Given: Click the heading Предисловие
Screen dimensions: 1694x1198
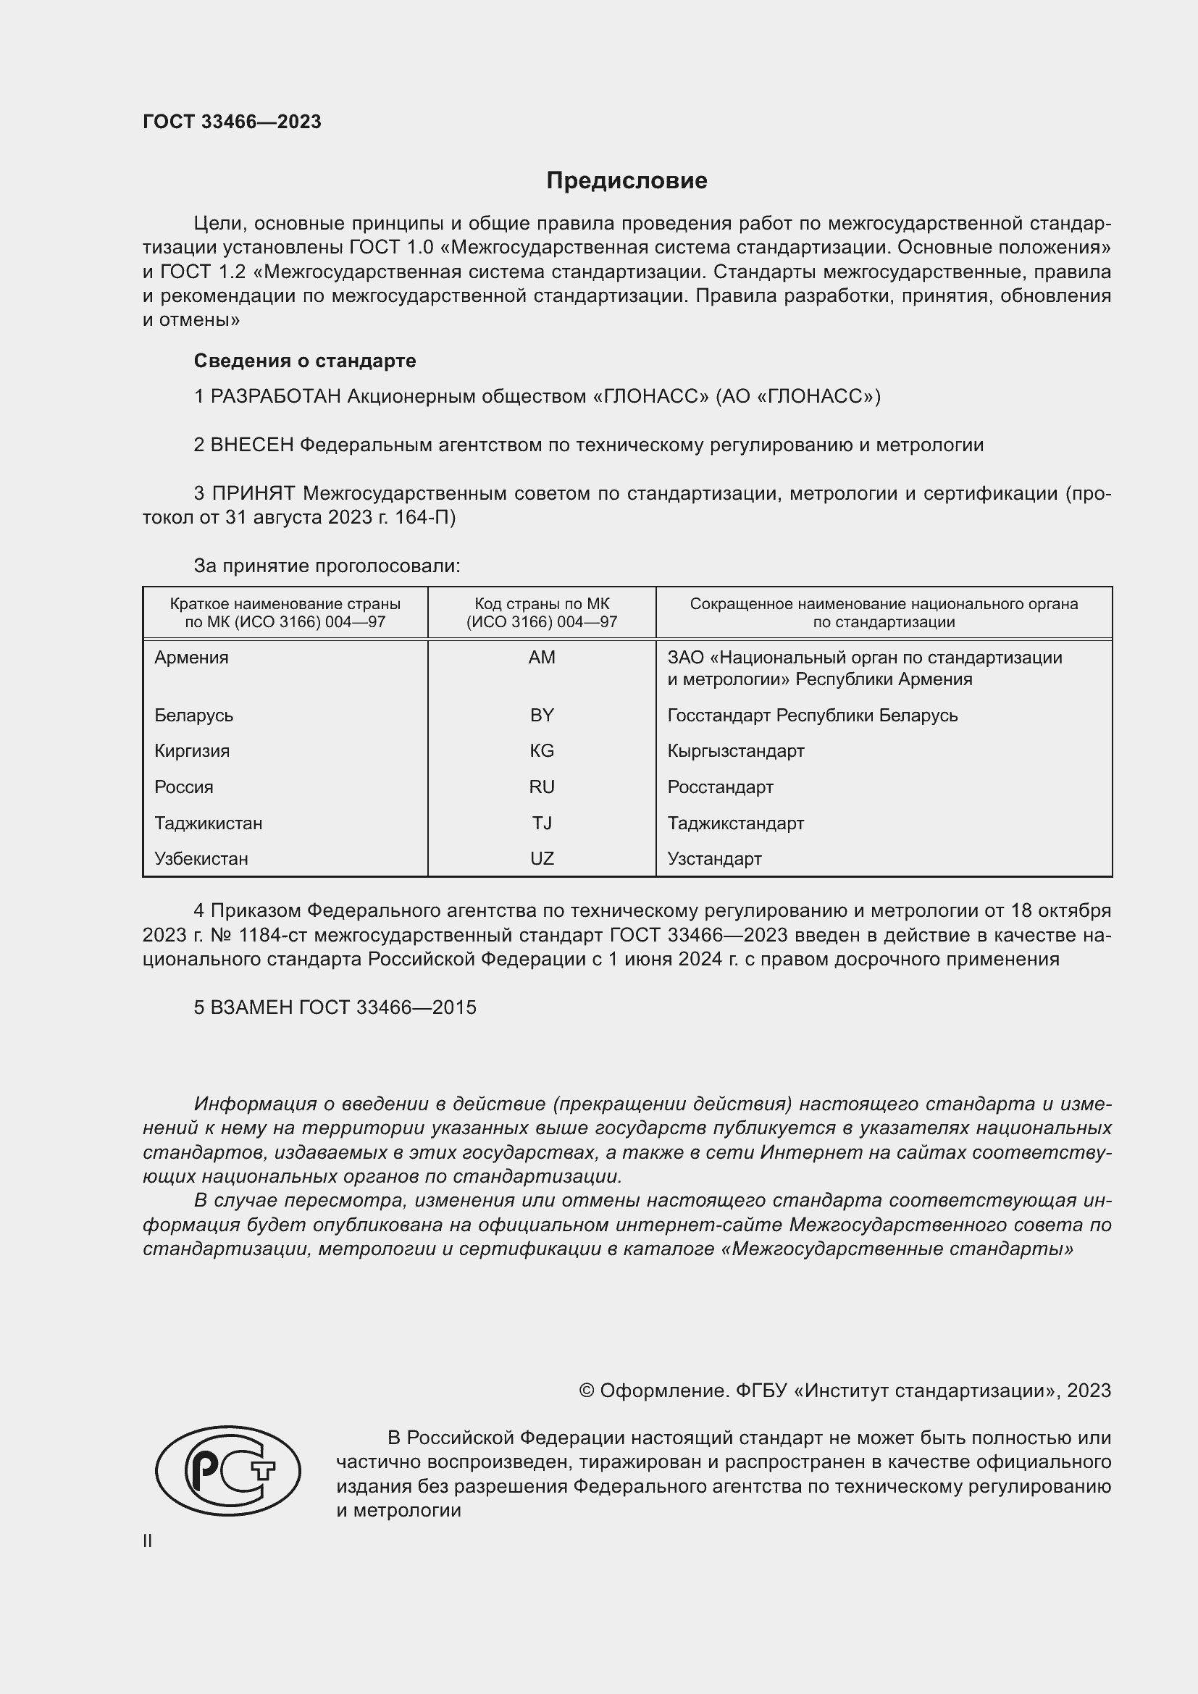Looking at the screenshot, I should point(627,181).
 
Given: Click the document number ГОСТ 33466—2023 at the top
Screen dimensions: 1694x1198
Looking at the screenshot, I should point(232,122).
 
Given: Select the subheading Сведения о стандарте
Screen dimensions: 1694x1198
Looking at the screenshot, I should point(305,361).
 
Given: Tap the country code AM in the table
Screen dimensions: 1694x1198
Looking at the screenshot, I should point(542,658).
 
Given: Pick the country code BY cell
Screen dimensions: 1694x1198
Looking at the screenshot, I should point(542,715).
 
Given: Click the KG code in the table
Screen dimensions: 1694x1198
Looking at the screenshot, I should point(542,751).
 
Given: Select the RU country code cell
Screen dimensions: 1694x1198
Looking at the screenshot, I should point(542,787).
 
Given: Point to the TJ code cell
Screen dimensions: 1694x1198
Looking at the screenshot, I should point(542,823).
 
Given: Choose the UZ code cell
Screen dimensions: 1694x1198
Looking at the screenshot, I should point(542,859).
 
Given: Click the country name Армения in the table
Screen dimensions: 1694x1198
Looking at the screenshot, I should point(191,658).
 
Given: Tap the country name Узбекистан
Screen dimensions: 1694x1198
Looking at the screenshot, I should point(201,859).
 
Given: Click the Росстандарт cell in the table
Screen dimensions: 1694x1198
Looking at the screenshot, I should point(720,787).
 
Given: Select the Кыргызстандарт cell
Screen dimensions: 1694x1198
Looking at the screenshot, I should point(735,751).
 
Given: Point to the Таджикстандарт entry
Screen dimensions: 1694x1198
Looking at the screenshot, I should point(735,823).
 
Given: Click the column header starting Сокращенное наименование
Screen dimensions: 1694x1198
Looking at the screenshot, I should point(883,613).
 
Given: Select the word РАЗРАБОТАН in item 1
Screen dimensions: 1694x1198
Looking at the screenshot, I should point(275,397).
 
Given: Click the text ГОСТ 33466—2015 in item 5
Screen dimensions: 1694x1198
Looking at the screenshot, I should point(388,1008).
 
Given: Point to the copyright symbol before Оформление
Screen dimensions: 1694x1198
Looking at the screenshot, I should point(587,1391).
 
